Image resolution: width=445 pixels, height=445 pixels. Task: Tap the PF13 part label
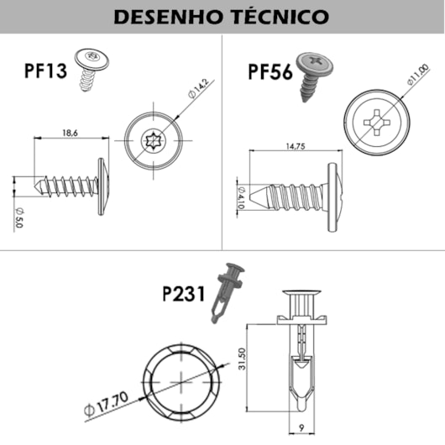click(x=45, y=71)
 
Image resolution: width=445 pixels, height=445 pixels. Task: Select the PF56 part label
click(x=270, y=72)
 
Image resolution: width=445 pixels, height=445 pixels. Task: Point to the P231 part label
click(x=183, y=294)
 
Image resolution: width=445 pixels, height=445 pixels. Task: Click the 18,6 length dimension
click(x=70, y=133)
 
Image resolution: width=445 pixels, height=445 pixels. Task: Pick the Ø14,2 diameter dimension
click(x=198, y=87)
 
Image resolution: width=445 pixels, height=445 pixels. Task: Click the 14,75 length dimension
click(x=296, y=146)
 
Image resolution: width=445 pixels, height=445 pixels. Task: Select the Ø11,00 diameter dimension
click(x=417, y=75)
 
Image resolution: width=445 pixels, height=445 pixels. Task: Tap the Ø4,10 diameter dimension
click(x=241, y=198)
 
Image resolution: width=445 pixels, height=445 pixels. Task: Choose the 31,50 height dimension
click(x=242, y=359)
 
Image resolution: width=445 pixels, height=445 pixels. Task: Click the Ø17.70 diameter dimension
click(x=106, y=404)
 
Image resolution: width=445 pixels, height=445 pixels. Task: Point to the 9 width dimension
click(x=301, y=427)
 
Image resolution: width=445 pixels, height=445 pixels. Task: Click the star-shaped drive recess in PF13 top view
click(x=154, y=140)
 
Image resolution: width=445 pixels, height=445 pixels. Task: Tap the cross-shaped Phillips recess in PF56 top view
click(x=377, y=123)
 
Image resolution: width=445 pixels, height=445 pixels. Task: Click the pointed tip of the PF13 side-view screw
click(x=34, y=186)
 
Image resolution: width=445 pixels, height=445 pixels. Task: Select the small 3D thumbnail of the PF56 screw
click(x=314, y=76)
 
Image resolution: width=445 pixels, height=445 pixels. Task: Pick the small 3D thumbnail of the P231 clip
click(x=227, y=293)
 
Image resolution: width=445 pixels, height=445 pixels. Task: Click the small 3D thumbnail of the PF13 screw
click(x=91, y=69)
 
